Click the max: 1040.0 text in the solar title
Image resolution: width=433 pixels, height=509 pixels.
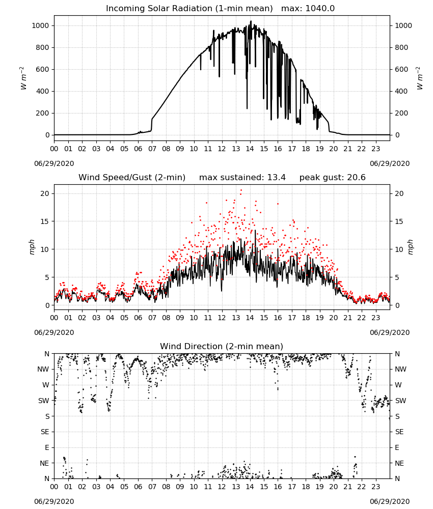[308, 8]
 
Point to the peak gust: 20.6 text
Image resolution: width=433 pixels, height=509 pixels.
[332, 177]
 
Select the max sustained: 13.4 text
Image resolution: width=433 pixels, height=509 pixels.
[242, 177]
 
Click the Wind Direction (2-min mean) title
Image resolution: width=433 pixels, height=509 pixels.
[222, 346]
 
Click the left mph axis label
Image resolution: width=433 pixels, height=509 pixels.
[32, 247]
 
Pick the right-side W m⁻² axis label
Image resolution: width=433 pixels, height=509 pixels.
[419, 78]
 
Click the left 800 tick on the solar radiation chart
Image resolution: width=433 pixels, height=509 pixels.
[41, 47]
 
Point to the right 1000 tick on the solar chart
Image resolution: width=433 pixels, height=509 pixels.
[403, 25]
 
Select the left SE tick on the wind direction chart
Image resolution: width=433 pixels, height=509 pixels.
[45, 432]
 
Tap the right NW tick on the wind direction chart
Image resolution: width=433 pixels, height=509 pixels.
[400, 369]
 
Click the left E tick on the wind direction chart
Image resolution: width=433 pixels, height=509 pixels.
[47, 447]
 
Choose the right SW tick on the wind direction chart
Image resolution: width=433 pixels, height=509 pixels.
[400, 401]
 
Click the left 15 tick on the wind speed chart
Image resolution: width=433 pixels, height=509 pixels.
[45, 221]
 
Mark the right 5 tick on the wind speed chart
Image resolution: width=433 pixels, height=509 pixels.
[397, 277]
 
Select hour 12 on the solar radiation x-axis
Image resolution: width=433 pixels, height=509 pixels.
[222, 149]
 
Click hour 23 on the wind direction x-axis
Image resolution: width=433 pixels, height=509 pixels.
[375, 487]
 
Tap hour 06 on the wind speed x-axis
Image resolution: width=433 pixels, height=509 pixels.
[138, 318]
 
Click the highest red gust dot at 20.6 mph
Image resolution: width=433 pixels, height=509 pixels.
[241, 190]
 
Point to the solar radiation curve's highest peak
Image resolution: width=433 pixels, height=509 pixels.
[251, 21]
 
